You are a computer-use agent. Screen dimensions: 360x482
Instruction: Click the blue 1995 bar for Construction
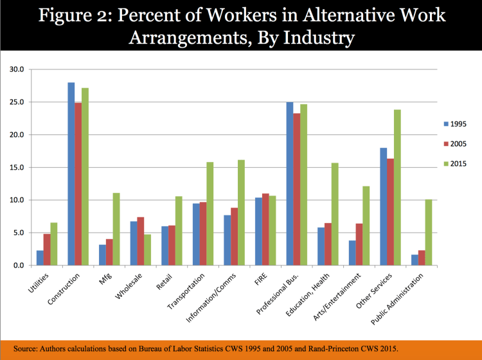point(71,174)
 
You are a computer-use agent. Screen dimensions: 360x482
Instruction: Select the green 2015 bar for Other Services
point(397,187)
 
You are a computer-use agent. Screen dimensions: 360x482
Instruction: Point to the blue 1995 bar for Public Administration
point(415,260)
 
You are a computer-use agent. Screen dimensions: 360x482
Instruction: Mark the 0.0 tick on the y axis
point(17,265)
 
